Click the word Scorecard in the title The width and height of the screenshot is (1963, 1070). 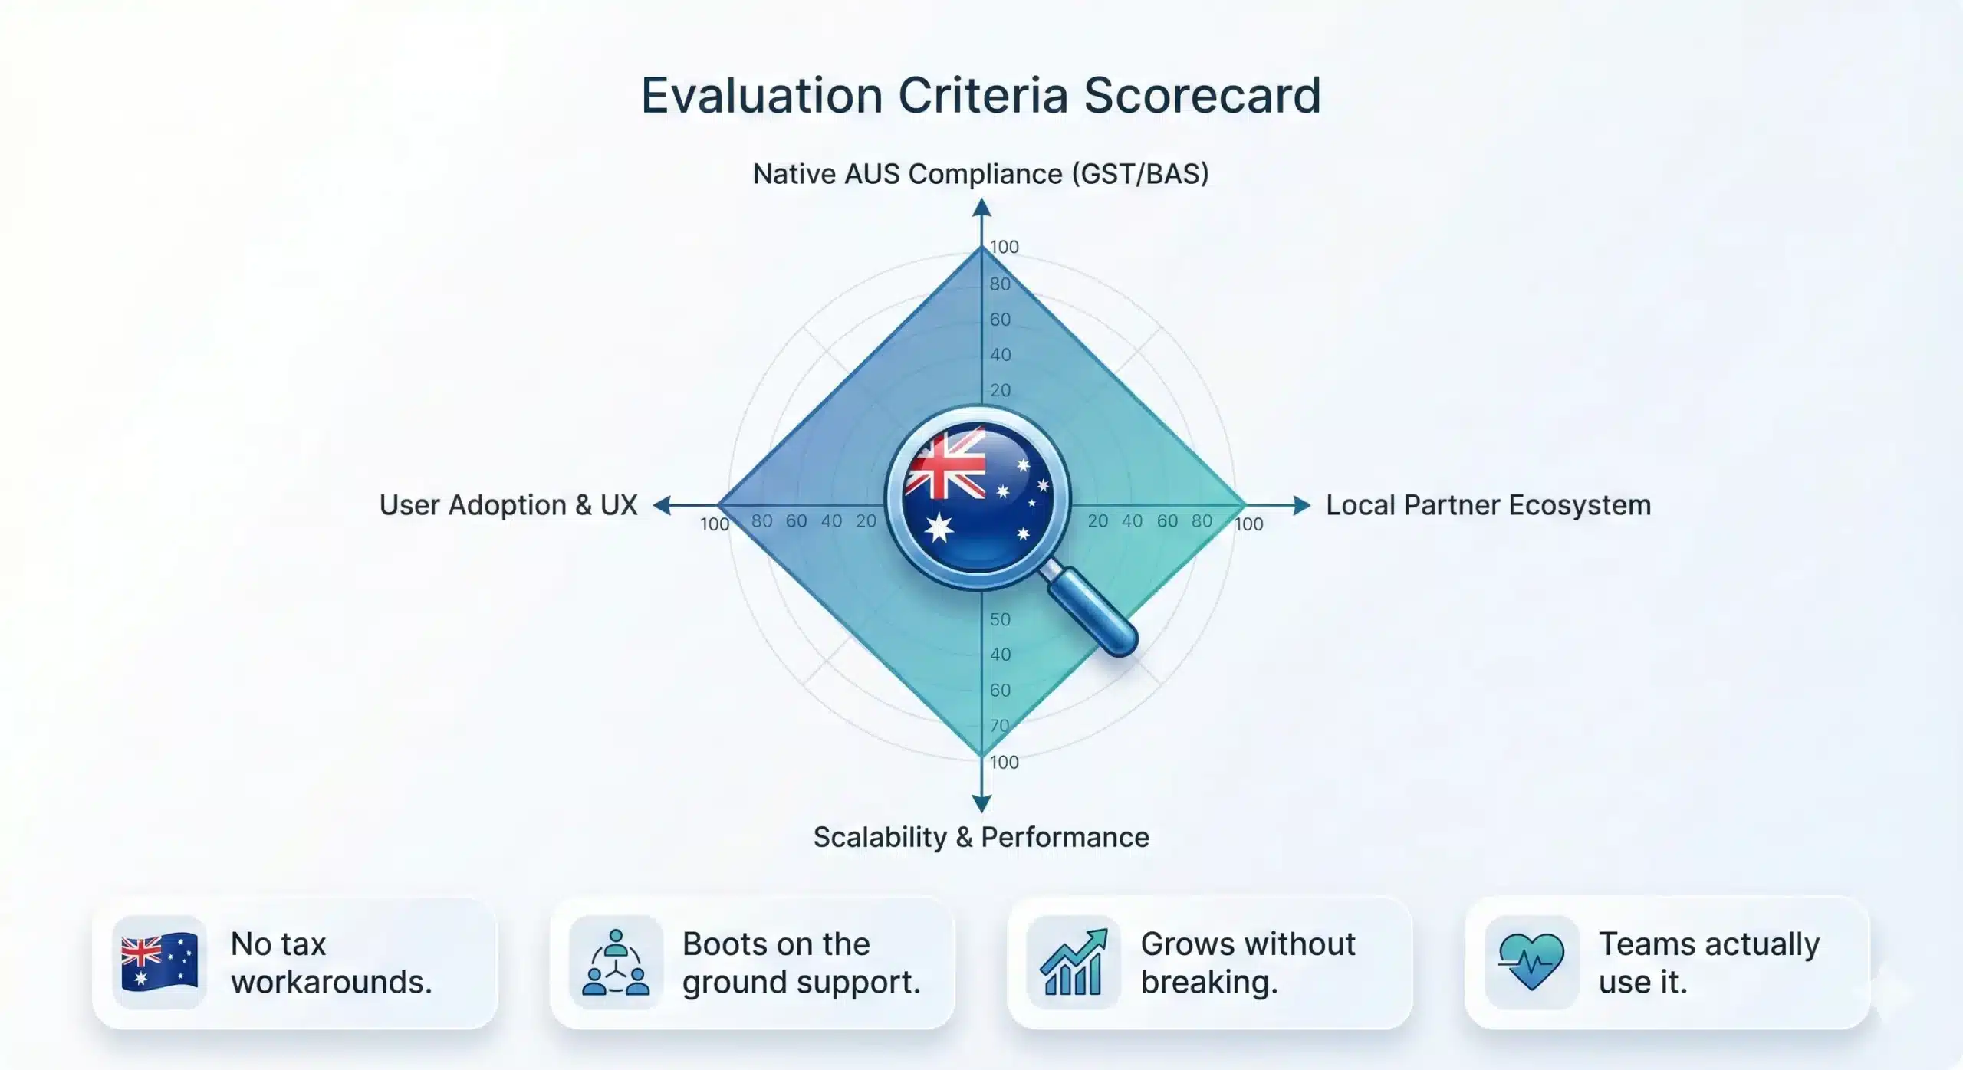(x=1202, y=96)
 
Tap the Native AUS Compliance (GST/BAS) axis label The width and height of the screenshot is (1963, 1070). (x=981, y=174)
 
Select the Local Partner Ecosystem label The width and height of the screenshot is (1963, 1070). (x=1488, y=505)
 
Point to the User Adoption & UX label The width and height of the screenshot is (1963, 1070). (x=508, y=505)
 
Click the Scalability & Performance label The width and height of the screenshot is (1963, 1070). (x=981, y=837)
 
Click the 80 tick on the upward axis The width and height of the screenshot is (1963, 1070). (x=1000, y=284)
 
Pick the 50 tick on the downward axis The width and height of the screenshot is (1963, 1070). (x=1000, y=619)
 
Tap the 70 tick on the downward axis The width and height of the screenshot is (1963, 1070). (x=1000, y=725)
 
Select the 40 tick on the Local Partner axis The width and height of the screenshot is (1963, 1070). (x=1132, y=521)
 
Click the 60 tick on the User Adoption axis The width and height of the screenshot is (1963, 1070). (x=796, y=521)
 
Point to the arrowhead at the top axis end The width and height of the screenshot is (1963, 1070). (x=981, y=207)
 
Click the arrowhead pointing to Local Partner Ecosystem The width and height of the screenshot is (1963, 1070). (x=1301, y=505)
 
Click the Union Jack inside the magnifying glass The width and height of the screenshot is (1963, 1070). (x=945, y=464)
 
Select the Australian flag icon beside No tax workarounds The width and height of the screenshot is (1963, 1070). (x=159, y=962)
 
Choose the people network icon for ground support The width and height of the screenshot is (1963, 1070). (x=616, y=962)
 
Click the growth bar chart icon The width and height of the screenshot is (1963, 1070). (x=1074, y=962)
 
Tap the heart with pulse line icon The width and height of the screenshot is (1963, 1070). (x=1531, y=962)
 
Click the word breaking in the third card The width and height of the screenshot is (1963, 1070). (x=1209, y=982)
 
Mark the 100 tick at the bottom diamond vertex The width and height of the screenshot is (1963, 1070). (x=1004, y=762)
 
